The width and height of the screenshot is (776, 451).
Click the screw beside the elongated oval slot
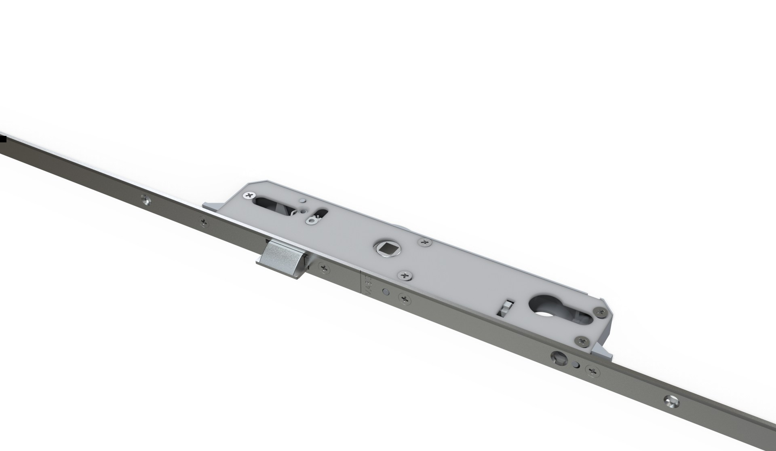coord(247,196)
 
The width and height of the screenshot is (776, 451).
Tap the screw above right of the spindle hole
coord(424,242)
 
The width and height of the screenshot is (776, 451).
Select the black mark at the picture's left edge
coord(3,140)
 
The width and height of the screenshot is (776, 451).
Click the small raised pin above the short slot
coord(301,201)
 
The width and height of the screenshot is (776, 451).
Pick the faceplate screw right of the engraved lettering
coord(404,299)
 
